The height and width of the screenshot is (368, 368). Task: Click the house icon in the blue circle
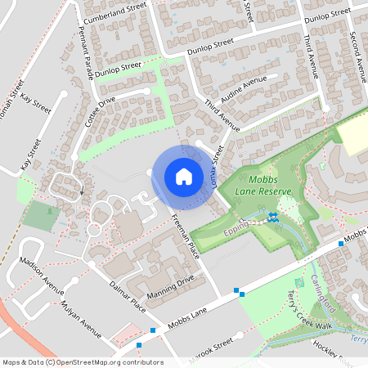point(183,176)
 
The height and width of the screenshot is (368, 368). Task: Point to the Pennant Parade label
point(85,50)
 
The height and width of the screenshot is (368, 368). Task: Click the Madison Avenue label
point(41,276)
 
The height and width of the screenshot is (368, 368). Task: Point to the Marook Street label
point(214,342)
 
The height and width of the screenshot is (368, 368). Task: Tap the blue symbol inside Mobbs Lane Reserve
point(272,217)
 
